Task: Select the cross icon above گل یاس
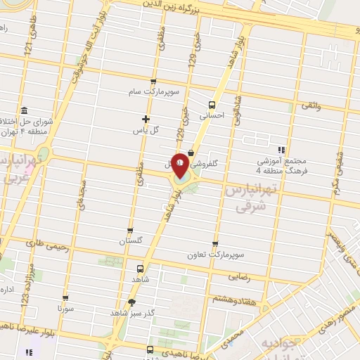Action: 146,119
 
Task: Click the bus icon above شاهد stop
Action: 139,269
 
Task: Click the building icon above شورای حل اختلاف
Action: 25,111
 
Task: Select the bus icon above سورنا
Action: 65,297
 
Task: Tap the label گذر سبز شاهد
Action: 134,314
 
